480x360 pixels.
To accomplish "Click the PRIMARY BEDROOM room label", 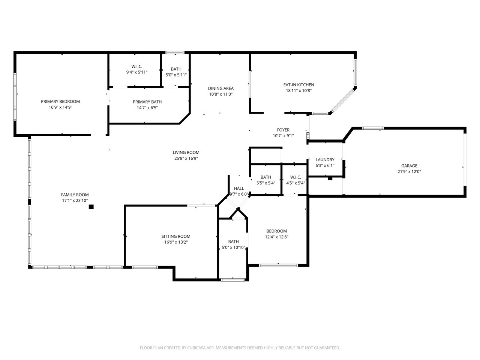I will click(60, 101).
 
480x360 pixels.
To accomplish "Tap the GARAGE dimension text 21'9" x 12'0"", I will click(409, 172).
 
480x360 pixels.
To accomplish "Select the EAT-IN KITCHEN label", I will click(298, 85).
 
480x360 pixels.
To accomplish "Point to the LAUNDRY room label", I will click(325, 160).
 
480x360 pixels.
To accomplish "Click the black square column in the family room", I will click(91, 207).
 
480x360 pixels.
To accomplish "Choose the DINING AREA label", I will click(221, 88).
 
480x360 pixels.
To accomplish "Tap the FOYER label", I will click(283, 130).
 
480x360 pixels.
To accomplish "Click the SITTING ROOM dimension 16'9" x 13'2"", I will click(176, 242).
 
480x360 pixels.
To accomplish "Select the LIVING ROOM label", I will click(186, 152).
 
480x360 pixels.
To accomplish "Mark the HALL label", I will click(239, 188).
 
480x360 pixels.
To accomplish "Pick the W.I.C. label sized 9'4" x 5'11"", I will click(136, 66).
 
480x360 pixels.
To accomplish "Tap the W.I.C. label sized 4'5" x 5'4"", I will click(295, 177).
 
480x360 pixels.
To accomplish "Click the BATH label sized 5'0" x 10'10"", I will click(233, 242).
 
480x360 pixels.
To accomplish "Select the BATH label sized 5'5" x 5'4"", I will click(266, 177).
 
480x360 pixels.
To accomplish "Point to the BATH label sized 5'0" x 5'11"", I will click(176, 69).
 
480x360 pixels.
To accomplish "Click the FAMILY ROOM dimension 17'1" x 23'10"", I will click(75, 201).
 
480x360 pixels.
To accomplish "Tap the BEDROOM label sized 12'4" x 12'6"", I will click(276, 231).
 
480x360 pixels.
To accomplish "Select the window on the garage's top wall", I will click(373, 129).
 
